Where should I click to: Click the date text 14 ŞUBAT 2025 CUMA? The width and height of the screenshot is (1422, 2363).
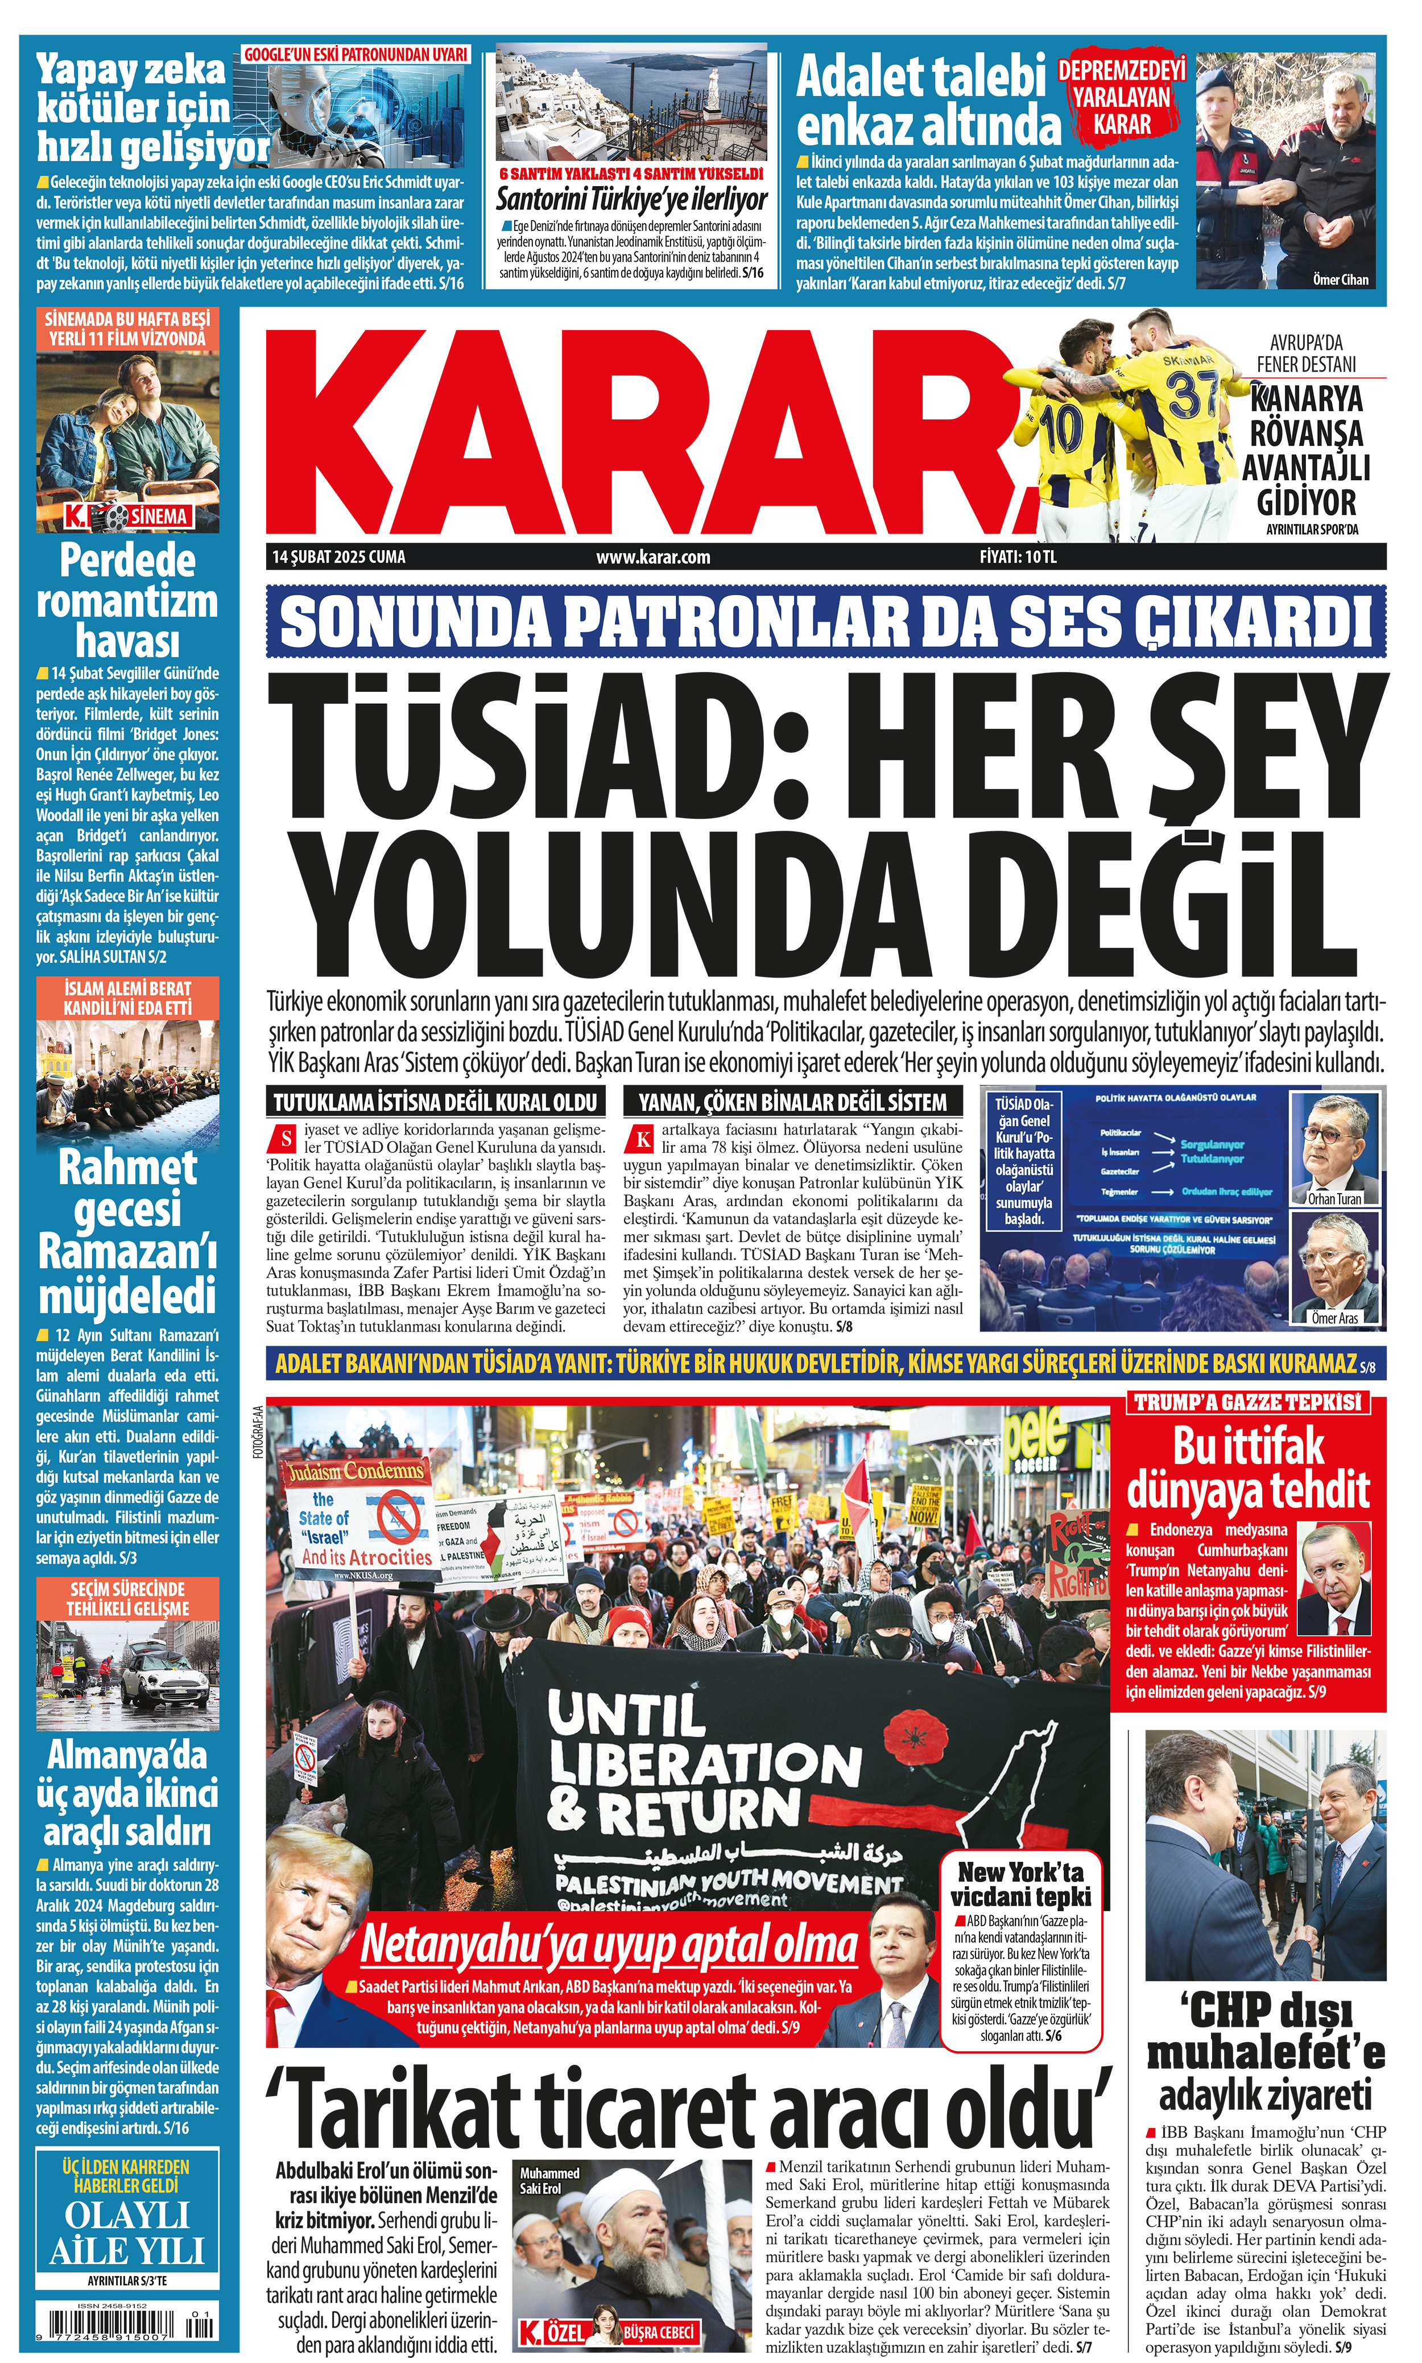338,556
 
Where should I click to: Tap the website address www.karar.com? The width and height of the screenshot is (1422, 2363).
652,556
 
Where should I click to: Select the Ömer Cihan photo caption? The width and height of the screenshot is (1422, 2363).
1340,280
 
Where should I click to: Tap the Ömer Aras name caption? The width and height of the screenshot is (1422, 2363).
1335,1318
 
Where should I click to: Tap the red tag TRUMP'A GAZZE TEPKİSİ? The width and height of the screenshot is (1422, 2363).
1247,1402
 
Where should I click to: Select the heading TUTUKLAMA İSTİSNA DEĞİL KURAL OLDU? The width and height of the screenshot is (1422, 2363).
436,1102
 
